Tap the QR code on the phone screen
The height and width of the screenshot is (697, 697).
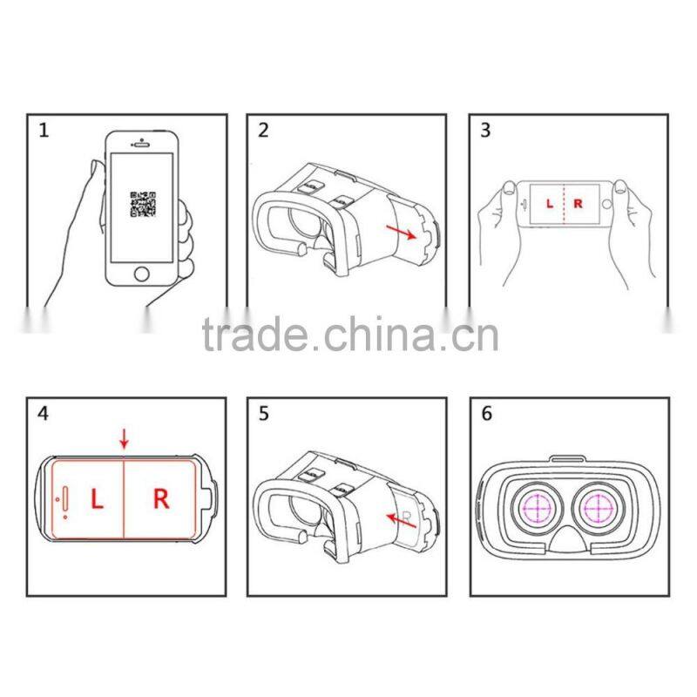point(143,204)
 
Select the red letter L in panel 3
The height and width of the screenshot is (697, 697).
point(549,204)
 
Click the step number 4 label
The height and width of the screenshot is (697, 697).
point(44,413)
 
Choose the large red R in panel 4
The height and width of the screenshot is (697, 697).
point(161,498)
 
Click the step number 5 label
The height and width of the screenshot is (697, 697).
point(263,413)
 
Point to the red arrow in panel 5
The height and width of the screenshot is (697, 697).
point(401,520)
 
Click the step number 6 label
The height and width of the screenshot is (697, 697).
point(486,413)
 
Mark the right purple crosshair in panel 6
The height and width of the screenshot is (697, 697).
point(602,506)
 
